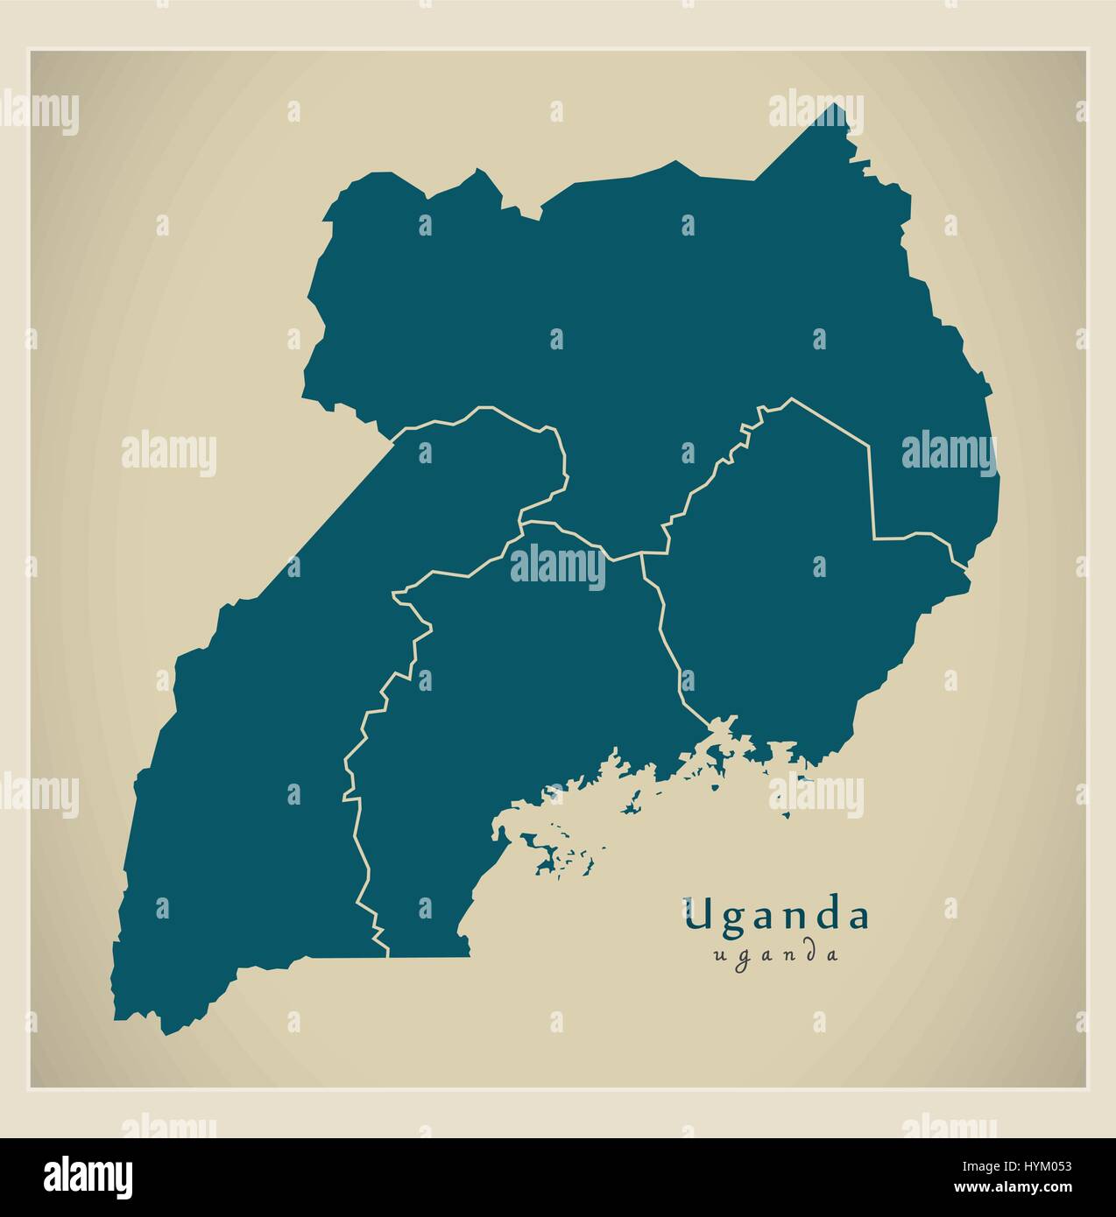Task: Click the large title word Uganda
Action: pyautogui.click(x=777, y=916)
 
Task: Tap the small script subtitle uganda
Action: pyautogui.click(x=776, y=954)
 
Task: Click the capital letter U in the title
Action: pyautogui.click(x=698, y=916)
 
